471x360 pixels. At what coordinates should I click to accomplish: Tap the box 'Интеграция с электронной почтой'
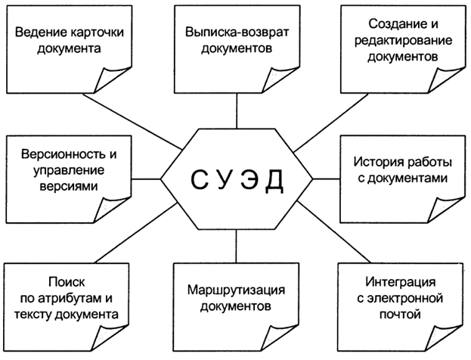400,299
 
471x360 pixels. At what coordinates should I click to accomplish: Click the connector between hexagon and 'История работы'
326,179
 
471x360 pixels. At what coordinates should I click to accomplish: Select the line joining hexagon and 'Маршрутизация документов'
237,247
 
